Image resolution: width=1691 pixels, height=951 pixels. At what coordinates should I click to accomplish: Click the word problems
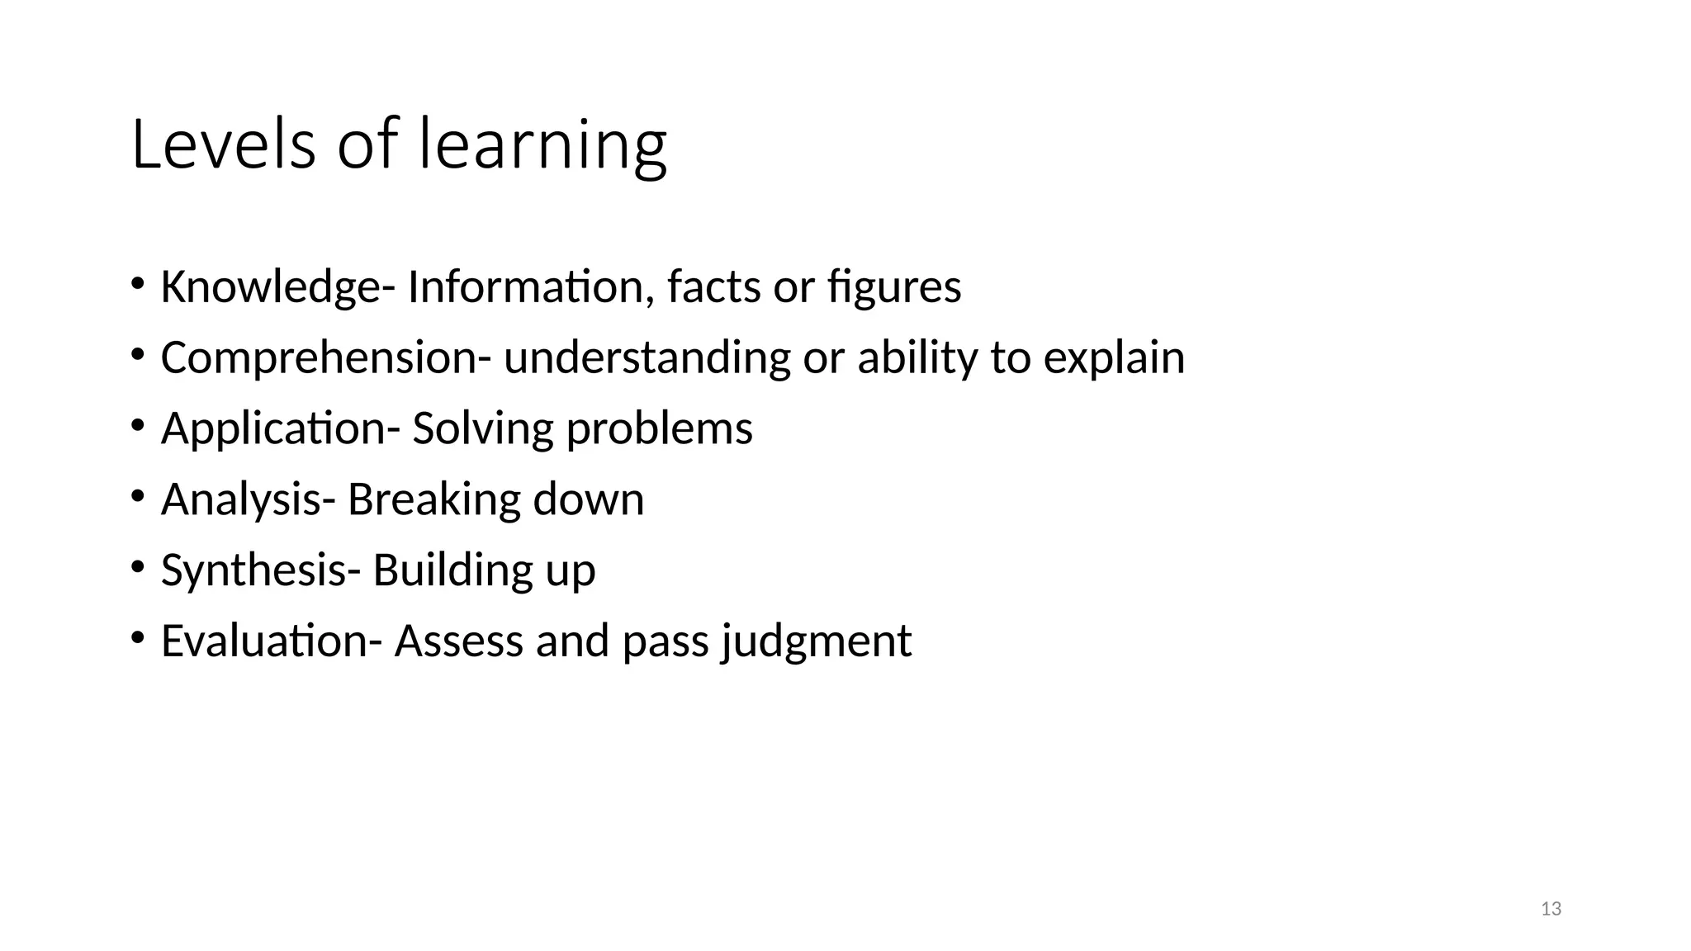pos(659,429)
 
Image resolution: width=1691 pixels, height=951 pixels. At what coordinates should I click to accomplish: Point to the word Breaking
pos(433,499)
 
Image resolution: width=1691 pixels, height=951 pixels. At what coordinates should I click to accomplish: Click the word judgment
pos(816,641)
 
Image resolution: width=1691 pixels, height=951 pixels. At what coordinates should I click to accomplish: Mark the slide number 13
pos(1551,909)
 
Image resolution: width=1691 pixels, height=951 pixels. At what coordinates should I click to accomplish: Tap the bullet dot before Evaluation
pos(137,638)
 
